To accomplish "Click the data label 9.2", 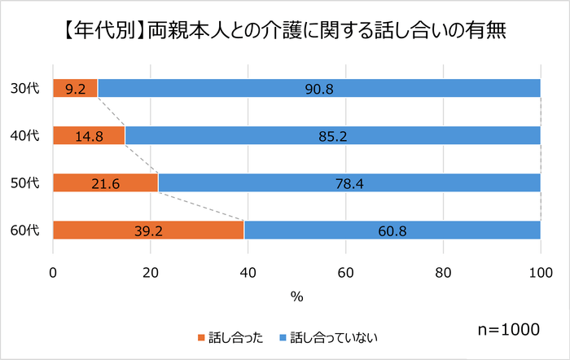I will [x=75, y=88].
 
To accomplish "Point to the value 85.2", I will [x=333, y=136].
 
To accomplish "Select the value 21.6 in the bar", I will [x=105, y=183].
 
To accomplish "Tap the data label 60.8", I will [x=392, y=231].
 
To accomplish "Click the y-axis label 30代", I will [x=26, y=88].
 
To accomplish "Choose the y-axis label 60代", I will [x=26, y=231].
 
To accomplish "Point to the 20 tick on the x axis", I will [x=151, y=272].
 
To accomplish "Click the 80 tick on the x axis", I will [x=443, y=272].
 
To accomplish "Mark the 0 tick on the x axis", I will [x=53, y=272].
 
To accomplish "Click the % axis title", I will [x=296, y=296].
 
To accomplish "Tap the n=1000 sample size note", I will [x=508, y=329].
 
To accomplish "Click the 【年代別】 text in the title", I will [x=102, y=32].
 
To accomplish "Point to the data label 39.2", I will [x=148, y=231].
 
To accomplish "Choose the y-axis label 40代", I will [x=26, y=135].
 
